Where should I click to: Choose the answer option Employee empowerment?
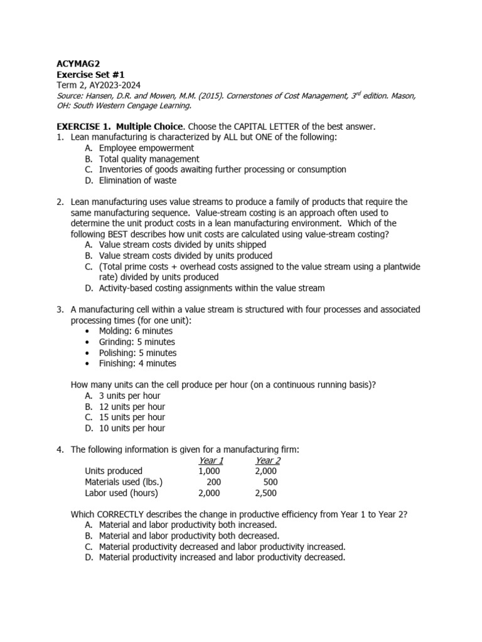[x=146, y=148]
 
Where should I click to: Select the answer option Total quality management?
[x=149, y=159]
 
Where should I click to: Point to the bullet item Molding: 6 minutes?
[x=136, y=331]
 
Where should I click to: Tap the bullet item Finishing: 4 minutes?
[x=137, y=363]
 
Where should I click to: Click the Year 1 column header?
[x=211, y=460]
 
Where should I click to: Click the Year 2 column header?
[x=267, y=460]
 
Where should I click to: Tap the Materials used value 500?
[x=270, y=482]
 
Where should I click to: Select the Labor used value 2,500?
[x=265, y=493]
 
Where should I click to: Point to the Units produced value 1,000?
[x=210, y=471]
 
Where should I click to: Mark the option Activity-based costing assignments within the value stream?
[x=212, y=288]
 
